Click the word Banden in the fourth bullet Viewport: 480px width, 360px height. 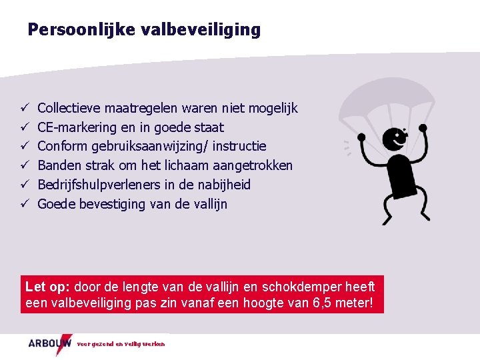[x=59, y=165]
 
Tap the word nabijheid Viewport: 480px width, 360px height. [x=224, y=185]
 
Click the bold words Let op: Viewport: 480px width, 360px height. [x=48, y=287]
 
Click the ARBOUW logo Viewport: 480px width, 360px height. [x=50, y=343]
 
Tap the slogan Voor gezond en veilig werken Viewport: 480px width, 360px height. [x=121, y=344]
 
